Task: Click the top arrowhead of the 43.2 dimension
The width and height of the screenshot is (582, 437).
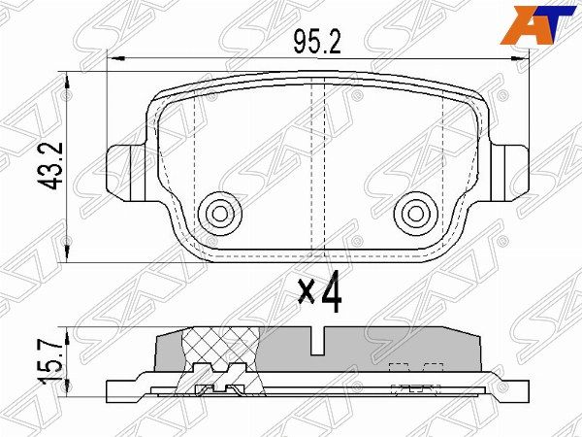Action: click(66, 77)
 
